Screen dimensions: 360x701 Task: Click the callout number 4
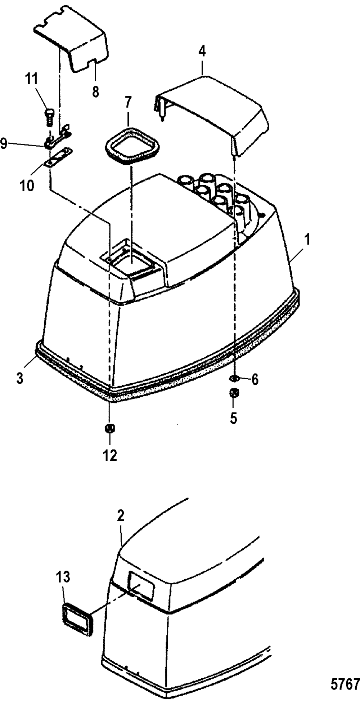(x=202, y=52)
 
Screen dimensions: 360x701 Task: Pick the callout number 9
(x=4, y=144)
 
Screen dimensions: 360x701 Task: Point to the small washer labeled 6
(x=234, y=378)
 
